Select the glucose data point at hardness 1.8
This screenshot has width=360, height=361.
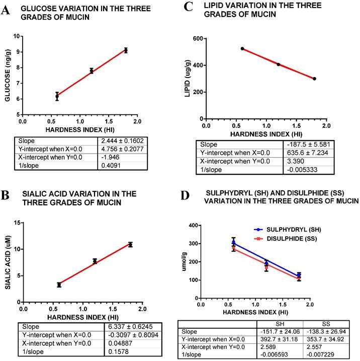tap(126, 50)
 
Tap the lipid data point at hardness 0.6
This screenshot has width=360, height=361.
tap(242, 48)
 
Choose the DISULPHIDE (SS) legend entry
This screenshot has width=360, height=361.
tap(280, 237)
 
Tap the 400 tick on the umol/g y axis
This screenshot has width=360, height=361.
tap(192, 226)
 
